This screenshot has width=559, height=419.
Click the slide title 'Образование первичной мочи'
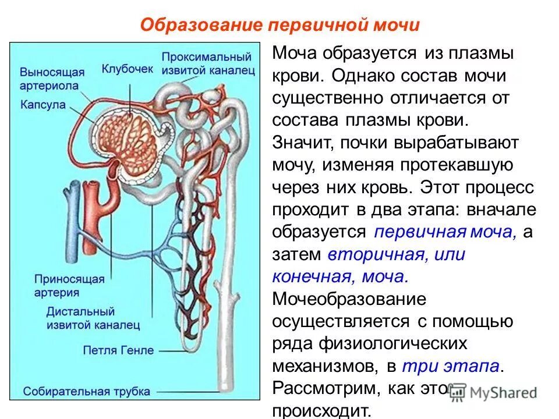coord(280,26)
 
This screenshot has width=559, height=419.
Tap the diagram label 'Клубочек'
coord(128,69)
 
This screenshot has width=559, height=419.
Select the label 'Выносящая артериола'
coord(52,79)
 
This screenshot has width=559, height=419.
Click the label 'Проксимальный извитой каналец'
coord(207,63)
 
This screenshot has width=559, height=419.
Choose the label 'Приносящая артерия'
coord(69,285)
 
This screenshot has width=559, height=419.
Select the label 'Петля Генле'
coord(119,350)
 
